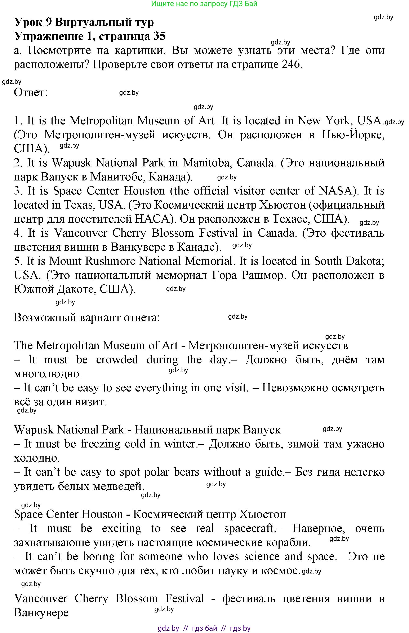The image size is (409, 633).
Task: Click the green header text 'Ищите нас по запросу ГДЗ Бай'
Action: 204,4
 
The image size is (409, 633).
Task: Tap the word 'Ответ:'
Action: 31,92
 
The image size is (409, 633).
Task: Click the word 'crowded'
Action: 117,359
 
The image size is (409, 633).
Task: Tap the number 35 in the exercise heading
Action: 159,36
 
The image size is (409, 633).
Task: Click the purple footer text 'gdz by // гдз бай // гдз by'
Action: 204,628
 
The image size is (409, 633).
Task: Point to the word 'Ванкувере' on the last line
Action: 41,612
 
